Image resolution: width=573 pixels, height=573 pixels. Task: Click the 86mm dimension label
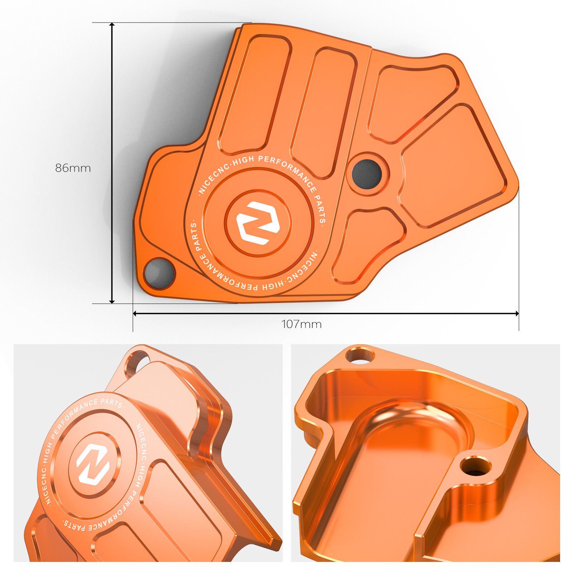(x=73, y=168)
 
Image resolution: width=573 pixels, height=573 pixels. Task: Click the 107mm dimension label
(x=302, y=324)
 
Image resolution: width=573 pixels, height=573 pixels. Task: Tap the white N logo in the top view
(x=258, y=223)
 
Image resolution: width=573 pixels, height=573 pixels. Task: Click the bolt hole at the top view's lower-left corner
(x=159, y=273)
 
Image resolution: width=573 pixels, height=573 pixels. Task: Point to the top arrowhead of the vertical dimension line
(x=112, y=25)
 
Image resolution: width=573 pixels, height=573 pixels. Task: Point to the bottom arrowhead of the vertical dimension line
(x=112, y=301)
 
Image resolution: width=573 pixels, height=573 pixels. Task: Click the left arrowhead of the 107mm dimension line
(x=135, y=313)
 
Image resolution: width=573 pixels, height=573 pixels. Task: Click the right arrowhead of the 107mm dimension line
(x=517, y=313)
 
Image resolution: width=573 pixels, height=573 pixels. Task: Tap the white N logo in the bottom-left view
(x=93, y=464)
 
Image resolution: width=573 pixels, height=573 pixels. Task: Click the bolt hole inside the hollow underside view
(x=475, y=467)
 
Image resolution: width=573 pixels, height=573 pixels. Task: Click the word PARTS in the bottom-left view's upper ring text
(x=111, y=402)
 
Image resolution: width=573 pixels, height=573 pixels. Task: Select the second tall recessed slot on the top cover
(x=324, y=111)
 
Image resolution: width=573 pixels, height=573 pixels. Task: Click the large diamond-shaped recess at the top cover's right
(x=453, y=167)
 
